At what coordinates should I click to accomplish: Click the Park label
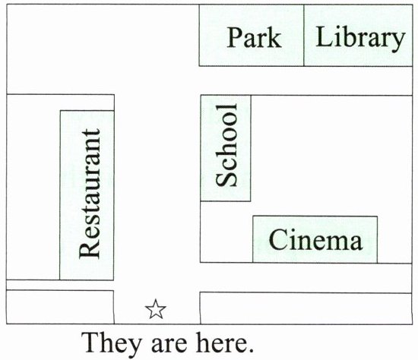click(x=254, y=37)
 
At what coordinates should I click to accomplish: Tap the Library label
click(x=360, y=39)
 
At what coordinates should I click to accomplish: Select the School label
click(x=226, y=145)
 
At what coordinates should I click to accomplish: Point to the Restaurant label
click(x=90, y=194)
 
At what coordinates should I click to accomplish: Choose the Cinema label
click(x=315, y=239)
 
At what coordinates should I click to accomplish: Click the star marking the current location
click(x=156, y=309)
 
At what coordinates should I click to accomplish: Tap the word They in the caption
click(x=111, y=343)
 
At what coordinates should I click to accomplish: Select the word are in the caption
click(x=169, y=346)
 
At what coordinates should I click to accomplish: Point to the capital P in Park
click(x=235, y=37)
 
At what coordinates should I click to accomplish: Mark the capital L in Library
click(x=324, y=36)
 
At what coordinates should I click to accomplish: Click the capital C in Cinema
click(x=277, y=239)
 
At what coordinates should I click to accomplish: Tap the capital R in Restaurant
click(x=90, y=250)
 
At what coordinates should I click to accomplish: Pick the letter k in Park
click(x=274, y=37)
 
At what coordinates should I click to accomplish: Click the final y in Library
click(x=398, y=42)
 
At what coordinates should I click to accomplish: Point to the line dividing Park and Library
click(x=304, y=35)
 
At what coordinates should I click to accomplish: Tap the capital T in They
click(x=90, y=343)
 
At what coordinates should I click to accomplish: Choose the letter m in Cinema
click(x=337, y=242)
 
